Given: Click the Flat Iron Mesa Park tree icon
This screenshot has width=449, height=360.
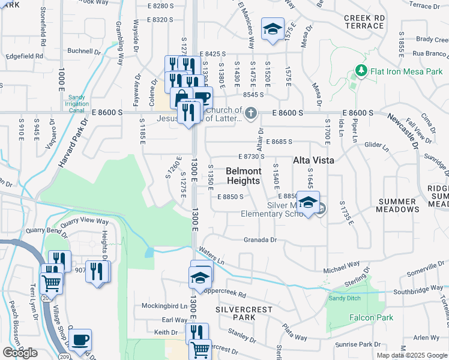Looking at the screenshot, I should (x=361, y=71).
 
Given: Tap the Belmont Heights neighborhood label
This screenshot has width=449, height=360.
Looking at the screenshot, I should (x=243, y=176).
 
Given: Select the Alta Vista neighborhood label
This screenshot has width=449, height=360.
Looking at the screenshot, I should (x=313, y=160).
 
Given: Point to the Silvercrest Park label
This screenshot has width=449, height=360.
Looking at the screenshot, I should (x=243, y=313).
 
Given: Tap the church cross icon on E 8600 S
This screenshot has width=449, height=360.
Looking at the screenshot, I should (x=251, y=113).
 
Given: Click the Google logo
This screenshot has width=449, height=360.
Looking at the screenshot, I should (x=20, y=353).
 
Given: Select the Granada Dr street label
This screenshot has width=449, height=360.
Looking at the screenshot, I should (x=260, y=240).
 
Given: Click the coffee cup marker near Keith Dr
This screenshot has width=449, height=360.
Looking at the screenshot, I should (x=80, y=340).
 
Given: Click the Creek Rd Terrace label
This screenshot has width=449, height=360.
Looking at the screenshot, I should (x=364, y=22).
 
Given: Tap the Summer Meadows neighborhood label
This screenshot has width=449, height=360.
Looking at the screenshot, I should (x=398, y=205).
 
